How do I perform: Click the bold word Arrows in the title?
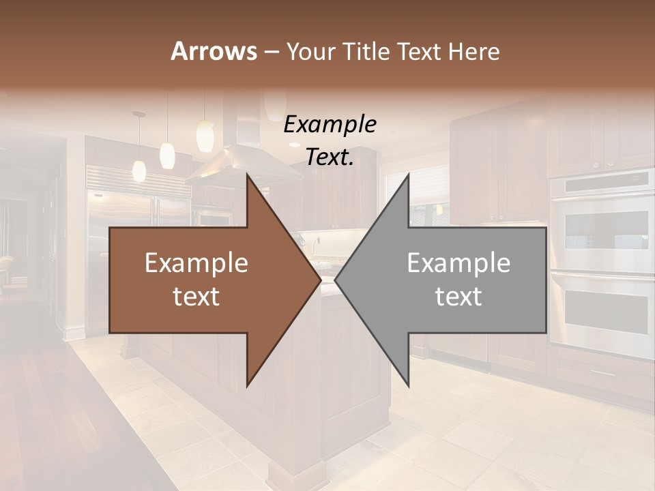point(214,51)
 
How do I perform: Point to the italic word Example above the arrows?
point(330,125)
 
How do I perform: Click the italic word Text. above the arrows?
point(330,158)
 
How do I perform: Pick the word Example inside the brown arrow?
point(196,263)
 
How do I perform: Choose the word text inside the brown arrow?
point(196,297)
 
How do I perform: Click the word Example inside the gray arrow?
point(458,263)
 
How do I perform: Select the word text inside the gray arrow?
point(458,297)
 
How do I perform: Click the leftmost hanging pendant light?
point(139,170)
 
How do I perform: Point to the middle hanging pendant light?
point(167,155)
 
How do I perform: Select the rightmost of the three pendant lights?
point(205,136)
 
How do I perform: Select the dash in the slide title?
point(271,52)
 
